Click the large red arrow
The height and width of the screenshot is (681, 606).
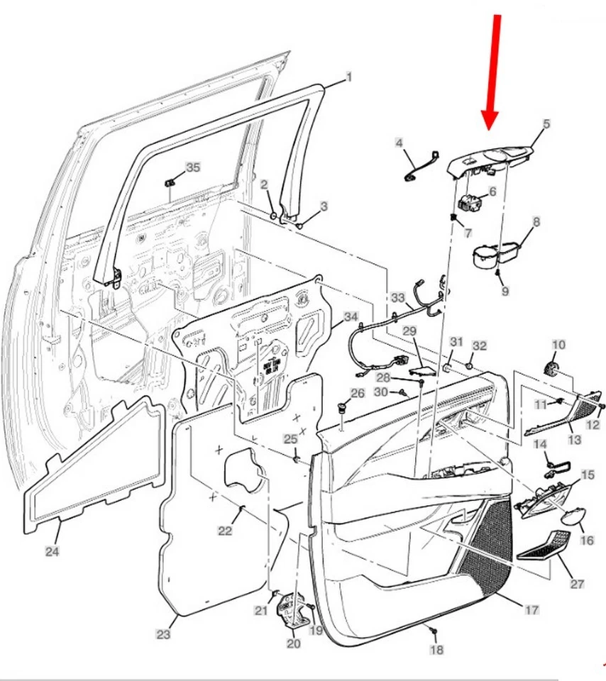click(491, 71)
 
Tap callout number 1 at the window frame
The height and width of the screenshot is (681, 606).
click(348, 76)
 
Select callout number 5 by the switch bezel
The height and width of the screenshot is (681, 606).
click(546, 124)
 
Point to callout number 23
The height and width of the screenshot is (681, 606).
click(163, 635)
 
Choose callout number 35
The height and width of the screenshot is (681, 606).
click(193, 167)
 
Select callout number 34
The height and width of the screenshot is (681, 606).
click(351, 316)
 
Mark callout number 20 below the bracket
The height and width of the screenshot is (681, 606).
click(294, 643)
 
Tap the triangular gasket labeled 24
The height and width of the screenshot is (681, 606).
click(92, 468)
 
